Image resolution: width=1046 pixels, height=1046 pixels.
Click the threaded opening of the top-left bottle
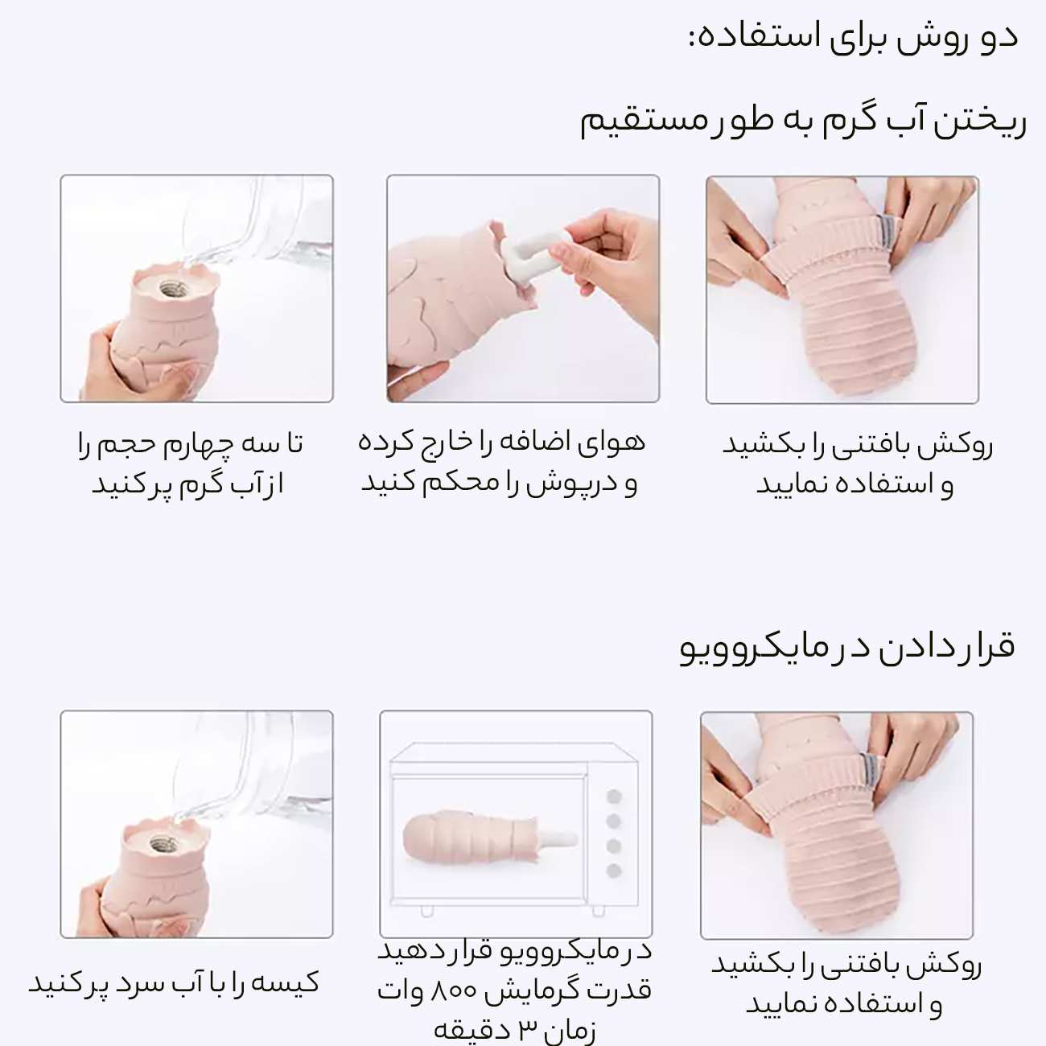click(x=170, y=287)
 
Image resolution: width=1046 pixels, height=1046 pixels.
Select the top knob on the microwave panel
click(x=614, y=797)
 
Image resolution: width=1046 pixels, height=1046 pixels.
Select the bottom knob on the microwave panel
click(x=614, y=871)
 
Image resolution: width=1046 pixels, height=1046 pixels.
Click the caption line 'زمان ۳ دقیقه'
click(x=515, y=1029)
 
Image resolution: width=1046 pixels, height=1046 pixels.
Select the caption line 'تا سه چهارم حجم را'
click(x=191, y=443)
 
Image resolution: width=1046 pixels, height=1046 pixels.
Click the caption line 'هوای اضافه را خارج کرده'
click(x=502, y=442)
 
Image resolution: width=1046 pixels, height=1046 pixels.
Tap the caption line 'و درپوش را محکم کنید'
click(x=499, y=482)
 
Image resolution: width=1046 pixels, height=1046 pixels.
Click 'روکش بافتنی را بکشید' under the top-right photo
click(x=857, y=445)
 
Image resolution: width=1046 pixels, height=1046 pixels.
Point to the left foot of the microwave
click(x=426, y=911)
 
